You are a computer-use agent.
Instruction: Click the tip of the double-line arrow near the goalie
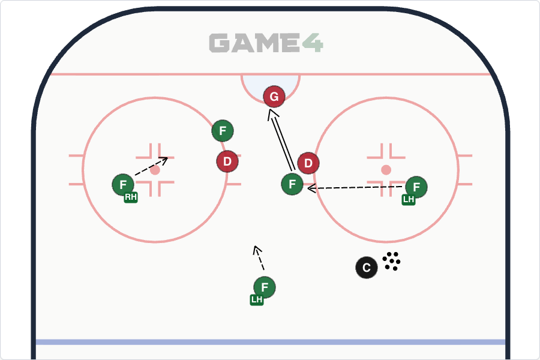(x=269, y=110)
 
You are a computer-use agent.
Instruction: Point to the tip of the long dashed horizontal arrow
(x=308, y=188)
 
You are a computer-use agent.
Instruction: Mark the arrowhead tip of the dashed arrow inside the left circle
(x=168, y=158)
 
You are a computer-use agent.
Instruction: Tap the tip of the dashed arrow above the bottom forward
(x=254, y=246)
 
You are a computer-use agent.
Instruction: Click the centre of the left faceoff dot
(x=155, y=170)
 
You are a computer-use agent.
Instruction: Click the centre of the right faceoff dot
(x=386, y=170)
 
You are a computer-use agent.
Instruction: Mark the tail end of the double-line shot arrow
(x=293, y=171)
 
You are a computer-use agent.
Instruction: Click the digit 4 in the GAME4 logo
(x=313, y=43)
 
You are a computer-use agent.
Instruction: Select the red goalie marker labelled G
(x=274, y=97)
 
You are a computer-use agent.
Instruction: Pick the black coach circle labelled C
(x=367, y=268)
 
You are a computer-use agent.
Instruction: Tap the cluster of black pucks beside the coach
(x=392, y=261)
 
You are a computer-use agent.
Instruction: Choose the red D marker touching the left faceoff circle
(x=227, y=161)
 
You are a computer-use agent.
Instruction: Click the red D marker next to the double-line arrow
(x=308, y=163)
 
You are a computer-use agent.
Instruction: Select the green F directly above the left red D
(x=223, y=131)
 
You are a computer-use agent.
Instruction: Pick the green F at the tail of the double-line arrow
(x=292, y=184)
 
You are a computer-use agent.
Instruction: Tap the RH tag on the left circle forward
(x=131, y=197)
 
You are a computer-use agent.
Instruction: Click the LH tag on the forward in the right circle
(x=409, y=199)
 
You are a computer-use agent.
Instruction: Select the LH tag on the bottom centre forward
(x=257, y=300)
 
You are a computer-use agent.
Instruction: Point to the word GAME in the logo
(x=255, y=43)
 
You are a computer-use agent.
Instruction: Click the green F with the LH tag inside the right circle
(x=416, y=187)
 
